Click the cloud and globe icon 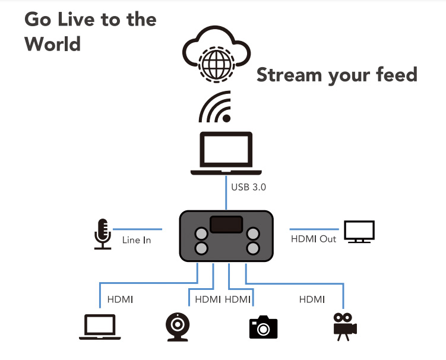pyautogui.click(x=216, y=54)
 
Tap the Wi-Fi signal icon pyautogui.click(x=215, y=107)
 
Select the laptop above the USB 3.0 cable pyautogui.click(x=226, y=153)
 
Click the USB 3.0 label pyautogui.click(x=249, y=187)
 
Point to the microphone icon pyautogui.click(x=103, y=234)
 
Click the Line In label pyautogui.click(x=137, y=240)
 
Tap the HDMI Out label pyautogui.click(x=314, y=239)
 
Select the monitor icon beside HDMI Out pyautogui.click(x=359, y=232)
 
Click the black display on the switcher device pyautogui.click(x=226, y=224)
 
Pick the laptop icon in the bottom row pyautogui.click(x=100, y=327)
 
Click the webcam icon pyautogui.click(x=178, y=327)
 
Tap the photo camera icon pyautogui.click(x=264, y=327)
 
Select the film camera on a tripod pyautogui.click(x=345, y=327)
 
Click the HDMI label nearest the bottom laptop pyautogui.click(x=120, y=299)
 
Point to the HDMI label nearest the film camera pyautogui.click(x=312, y=299)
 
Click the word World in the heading pyautogui.click(x=53, y=44)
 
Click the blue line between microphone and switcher pyautogui.click(x=137, y=229)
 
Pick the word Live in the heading pyautogui.click(x=76, y=20)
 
